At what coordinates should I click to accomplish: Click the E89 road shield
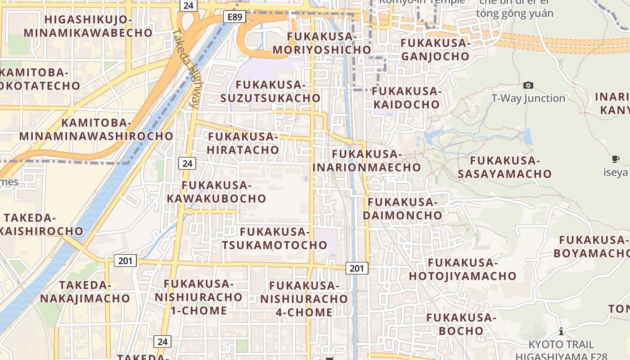point(234,17)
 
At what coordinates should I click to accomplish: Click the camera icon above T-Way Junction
point(528,85)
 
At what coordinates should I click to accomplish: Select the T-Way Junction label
point(528,98)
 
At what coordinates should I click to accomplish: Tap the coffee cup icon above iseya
point(616,159)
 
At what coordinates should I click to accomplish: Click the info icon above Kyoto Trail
point(561,332)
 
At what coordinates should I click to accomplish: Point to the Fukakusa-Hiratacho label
point(243,143)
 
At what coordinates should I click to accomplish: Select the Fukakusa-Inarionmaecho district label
point(366,161)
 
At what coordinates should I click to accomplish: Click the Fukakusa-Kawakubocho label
point(216,192)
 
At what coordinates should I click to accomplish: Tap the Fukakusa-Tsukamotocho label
point(274,238)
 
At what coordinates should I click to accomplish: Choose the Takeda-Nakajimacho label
point(85,292)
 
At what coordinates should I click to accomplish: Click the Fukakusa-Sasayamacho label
point(504,167)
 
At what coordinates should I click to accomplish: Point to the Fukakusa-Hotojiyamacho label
point(463,269)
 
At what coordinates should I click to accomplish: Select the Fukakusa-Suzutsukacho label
point(270,91)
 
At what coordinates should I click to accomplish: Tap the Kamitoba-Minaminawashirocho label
point(96,130)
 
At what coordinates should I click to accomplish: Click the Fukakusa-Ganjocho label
point(435,49)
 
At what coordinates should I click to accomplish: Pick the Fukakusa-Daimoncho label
point(403,209)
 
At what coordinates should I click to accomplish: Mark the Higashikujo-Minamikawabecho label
point(88,26)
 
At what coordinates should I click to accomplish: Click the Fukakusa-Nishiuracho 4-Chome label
point(304,299)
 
